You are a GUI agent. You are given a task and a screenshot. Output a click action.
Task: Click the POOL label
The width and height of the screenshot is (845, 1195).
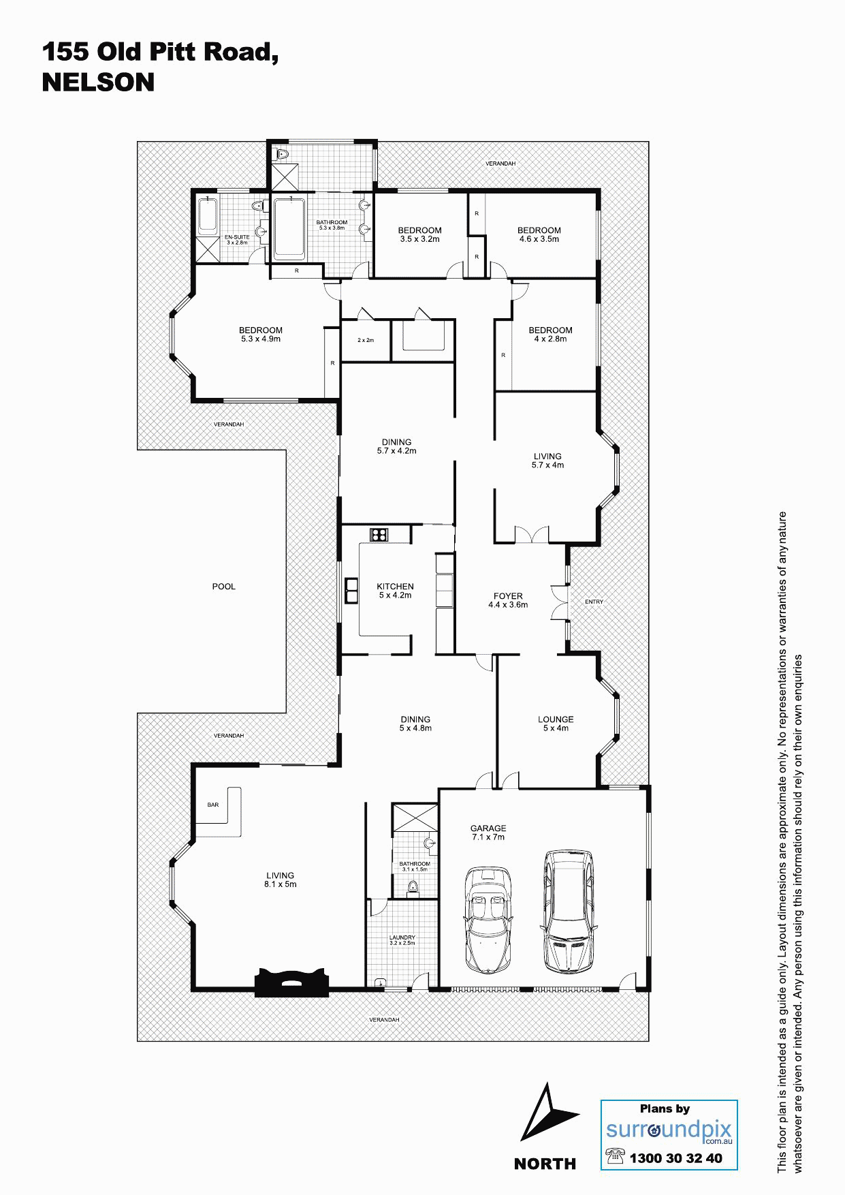click(x=223, y=587)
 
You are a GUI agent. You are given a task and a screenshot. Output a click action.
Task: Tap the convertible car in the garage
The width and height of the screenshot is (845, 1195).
click(x=487, y=920)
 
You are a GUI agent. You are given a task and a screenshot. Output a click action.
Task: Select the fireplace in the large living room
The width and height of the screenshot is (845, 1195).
click(x=292, y=982)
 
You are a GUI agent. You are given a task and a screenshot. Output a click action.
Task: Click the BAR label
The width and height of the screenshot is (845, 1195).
click(x=213, y=805)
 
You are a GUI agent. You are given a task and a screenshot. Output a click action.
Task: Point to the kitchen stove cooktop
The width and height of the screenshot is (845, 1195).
click(x=379, y=534)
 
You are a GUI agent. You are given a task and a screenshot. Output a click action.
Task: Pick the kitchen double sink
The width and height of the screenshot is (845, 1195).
click(x=351, y=590)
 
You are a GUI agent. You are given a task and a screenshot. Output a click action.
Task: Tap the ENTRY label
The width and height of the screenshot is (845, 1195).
click(x=594, y=602)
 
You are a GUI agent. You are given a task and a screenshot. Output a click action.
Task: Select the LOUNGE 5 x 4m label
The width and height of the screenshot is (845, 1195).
click(x=556, y=724)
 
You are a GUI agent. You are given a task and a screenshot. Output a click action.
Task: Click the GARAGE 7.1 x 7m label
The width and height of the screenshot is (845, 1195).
click(x=488, y=833)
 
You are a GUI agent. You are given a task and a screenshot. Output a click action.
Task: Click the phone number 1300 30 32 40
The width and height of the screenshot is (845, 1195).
click(x=675, y=1158)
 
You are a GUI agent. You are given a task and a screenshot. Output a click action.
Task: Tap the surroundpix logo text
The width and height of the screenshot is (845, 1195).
click(x=669, y=1130)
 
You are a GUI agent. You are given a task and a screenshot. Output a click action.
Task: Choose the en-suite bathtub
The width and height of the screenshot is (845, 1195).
click(x=208, y=217)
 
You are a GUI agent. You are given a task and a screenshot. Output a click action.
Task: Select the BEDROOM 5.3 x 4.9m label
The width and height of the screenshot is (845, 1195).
click(x=261, y=335)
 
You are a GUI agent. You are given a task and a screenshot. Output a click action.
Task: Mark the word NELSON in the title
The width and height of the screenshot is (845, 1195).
click(x=98, y=82)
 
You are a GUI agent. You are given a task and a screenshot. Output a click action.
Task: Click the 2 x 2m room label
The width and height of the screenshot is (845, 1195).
click(x=366, y=340)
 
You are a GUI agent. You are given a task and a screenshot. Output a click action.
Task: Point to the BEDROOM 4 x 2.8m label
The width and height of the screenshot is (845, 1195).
click(x=550, y=335)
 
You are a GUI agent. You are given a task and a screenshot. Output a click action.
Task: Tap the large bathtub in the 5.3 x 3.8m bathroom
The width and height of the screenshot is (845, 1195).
click(x=289, y=228)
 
